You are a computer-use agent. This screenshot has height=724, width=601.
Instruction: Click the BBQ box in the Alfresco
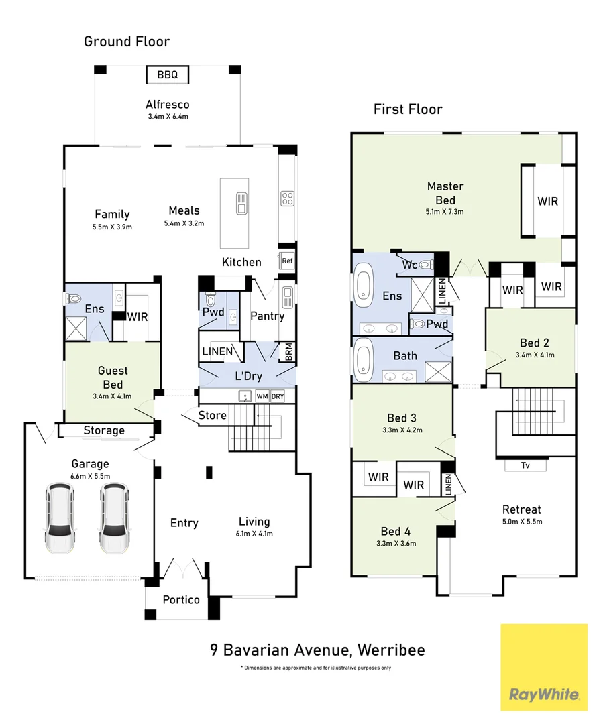(167, 74)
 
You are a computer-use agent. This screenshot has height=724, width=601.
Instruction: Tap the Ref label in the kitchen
(287, 261)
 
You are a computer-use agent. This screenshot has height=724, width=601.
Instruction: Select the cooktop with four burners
(287, 198)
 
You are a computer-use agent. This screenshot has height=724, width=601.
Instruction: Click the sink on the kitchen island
(241, 203)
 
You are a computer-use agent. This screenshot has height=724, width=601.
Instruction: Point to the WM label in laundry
(262, 396)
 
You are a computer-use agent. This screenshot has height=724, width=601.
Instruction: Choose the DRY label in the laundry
(278, 396)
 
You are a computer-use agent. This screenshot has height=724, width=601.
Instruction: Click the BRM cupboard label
(288, 352)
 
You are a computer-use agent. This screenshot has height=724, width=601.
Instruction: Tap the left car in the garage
(60, 518)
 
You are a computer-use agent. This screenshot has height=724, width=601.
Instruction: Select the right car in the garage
(114, 518)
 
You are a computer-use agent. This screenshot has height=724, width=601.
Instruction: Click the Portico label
(181, 600)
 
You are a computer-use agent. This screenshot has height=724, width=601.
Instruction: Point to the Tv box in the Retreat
(525, 465)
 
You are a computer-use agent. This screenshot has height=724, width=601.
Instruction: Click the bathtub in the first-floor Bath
(364, 357)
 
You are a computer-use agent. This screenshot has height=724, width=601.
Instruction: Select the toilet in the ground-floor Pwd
(210, 300)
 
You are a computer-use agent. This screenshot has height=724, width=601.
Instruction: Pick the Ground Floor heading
(127, 42)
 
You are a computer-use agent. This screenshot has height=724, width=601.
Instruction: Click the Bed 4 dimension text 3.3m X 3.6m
(396, 544)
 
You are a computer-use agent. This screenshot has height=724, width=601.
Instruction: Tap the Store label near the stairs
(213, 415)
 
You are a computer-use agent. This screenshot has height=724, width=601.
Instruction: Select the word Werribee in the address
(391, 650)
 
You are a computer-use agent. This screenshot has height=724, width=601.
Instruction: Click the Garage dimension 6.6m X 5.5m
(90, 476)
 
